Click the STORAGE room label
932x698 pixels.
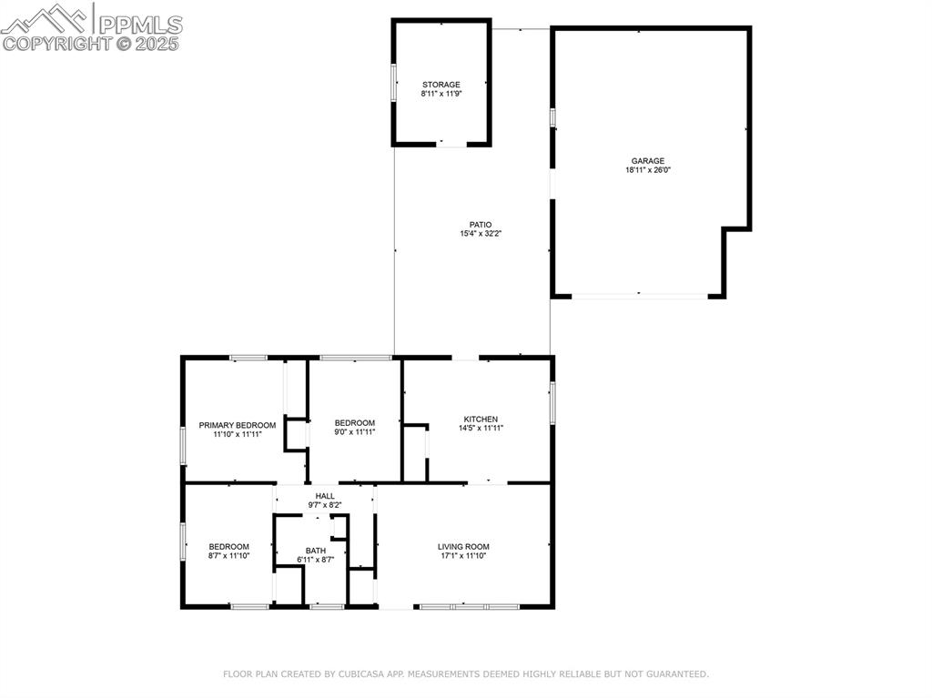pyautogui.click(x=441, y=85)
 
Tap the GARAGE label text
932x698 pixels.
pyautogui.click(x=648, y=161)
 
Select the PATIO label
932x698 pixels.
pyautogui.click(x=481, y=225)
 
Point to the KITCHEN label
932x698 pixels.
pyautogui.click(x=481, y=420)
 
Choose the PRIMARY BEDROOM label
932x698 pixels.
pyautogui.click(x=238, y=425)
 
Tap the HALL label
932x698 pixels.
pyautogui.click(x=325, y=496)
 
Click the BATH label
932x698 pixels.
pyautogui.click(x=316, y=551)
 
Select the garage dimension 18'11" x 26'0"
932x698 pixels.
pyautogui.click(x=648, y=170)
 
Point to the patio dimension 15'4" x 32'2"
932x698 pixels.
pyautogui.click(x=481, y=234)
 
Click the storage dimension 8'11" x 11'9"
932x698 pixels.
pyautogui.click(x=441, y=94)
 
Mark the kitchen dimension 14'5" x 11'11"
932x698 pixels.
pyautogui.click(x=481, y=429)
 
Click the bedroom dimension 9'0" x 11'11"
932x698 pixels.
pyautogui.click(x=354, y=432)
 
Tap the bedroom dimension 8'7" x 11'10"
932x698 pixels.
pyautogui.click(x=228, y=556)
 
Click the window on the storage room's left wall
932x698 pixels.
pyautogui.click(x=394, y=83)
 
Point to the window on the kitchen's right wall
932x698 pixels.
pyautogui.click(x=552, y=402)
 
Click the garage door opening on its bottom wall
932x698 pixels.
pyautogui.click(x=640, y=296)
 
